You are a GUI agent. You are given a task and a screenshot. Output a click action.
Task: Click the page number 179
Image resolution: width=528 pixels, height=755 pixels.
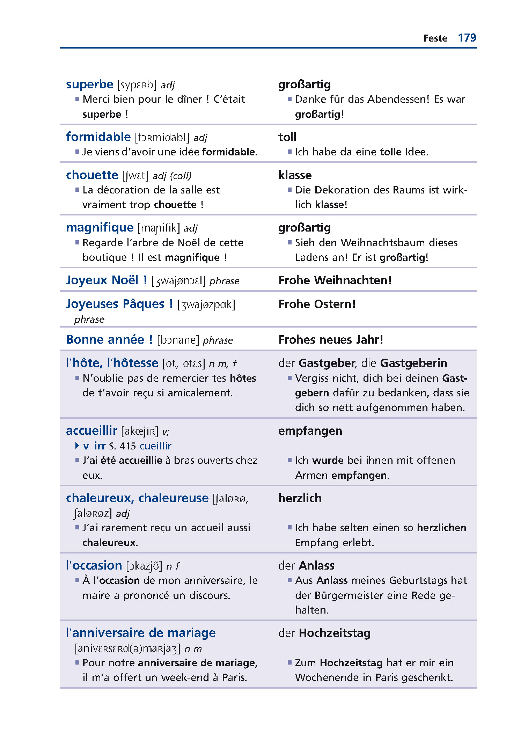coord(467,38)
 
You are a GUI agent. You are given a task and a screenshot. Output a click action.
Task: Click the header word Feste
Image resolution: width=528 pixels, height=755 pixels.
coord(435,38)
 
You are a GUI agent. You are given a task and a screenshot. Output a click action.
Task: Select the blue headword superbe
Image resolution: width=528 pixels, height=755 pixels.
coord(90,85)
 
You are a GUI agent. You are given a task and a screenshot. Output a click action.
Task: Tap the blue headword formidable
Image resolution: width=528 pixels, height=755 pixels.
coord(98,137)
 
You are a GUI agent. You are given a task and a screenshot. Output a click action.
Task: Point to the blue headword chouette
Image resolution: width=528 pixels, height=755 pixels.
coord(92,175)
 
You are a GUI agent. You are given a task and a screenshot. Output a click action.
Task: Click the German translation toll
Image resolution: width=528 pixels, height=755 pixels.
coord(287,137)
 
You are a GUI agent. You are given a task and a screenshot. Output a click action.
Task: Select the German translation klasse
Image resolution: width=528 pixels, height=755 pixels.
coord(295,175)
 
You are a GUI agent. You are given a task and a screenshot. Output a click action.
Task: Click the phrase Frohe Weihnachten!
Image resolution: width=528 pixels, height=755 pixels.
coord(335,280)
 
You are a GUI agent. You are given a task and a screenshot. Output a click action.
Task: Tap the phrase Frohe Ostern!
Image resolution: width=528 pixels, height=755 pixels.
coord(317,304)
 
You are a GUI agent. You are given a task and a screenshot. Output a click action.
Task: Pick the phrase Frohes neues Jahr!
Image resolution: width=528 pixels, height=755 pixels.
coord(331,339)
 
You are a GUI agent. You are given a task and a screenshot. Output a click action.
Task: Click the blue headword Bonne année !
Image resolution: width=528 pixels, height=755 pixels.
coord(109,339)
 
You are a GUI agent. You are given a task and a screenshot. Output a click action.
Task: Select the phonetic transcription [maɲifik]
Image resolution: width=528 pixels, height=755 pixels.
coord(159,228)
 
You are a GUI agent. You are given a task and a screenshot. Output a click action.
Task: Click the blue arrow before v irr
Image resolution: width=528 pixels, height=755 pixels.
coord(77,446)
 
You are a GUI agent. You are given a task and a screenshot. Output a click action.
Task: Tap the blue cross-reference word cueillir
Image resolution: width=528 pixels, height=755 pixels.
coord(155,446)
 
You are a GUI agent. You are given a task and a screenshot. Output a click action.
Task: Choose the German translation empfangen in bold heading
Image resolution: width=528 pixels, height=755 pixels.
coord(310,431)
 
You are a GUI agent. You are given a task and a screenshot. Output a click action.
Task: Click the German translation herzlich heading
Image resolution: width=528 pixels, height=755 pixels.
coord(300,498)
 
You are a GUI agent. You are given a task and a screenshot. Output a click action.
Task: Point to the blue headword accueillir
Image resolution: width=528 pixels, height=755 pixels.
coord(91,431)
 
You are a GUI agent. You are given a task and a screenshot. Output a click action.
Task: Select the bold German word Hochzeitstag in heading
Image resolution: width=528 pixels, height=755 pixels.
coord(335,633)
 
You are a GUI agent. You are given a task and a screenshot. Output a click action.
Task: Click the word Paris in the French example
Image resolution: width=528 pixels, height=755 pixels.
coord(234,677)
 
